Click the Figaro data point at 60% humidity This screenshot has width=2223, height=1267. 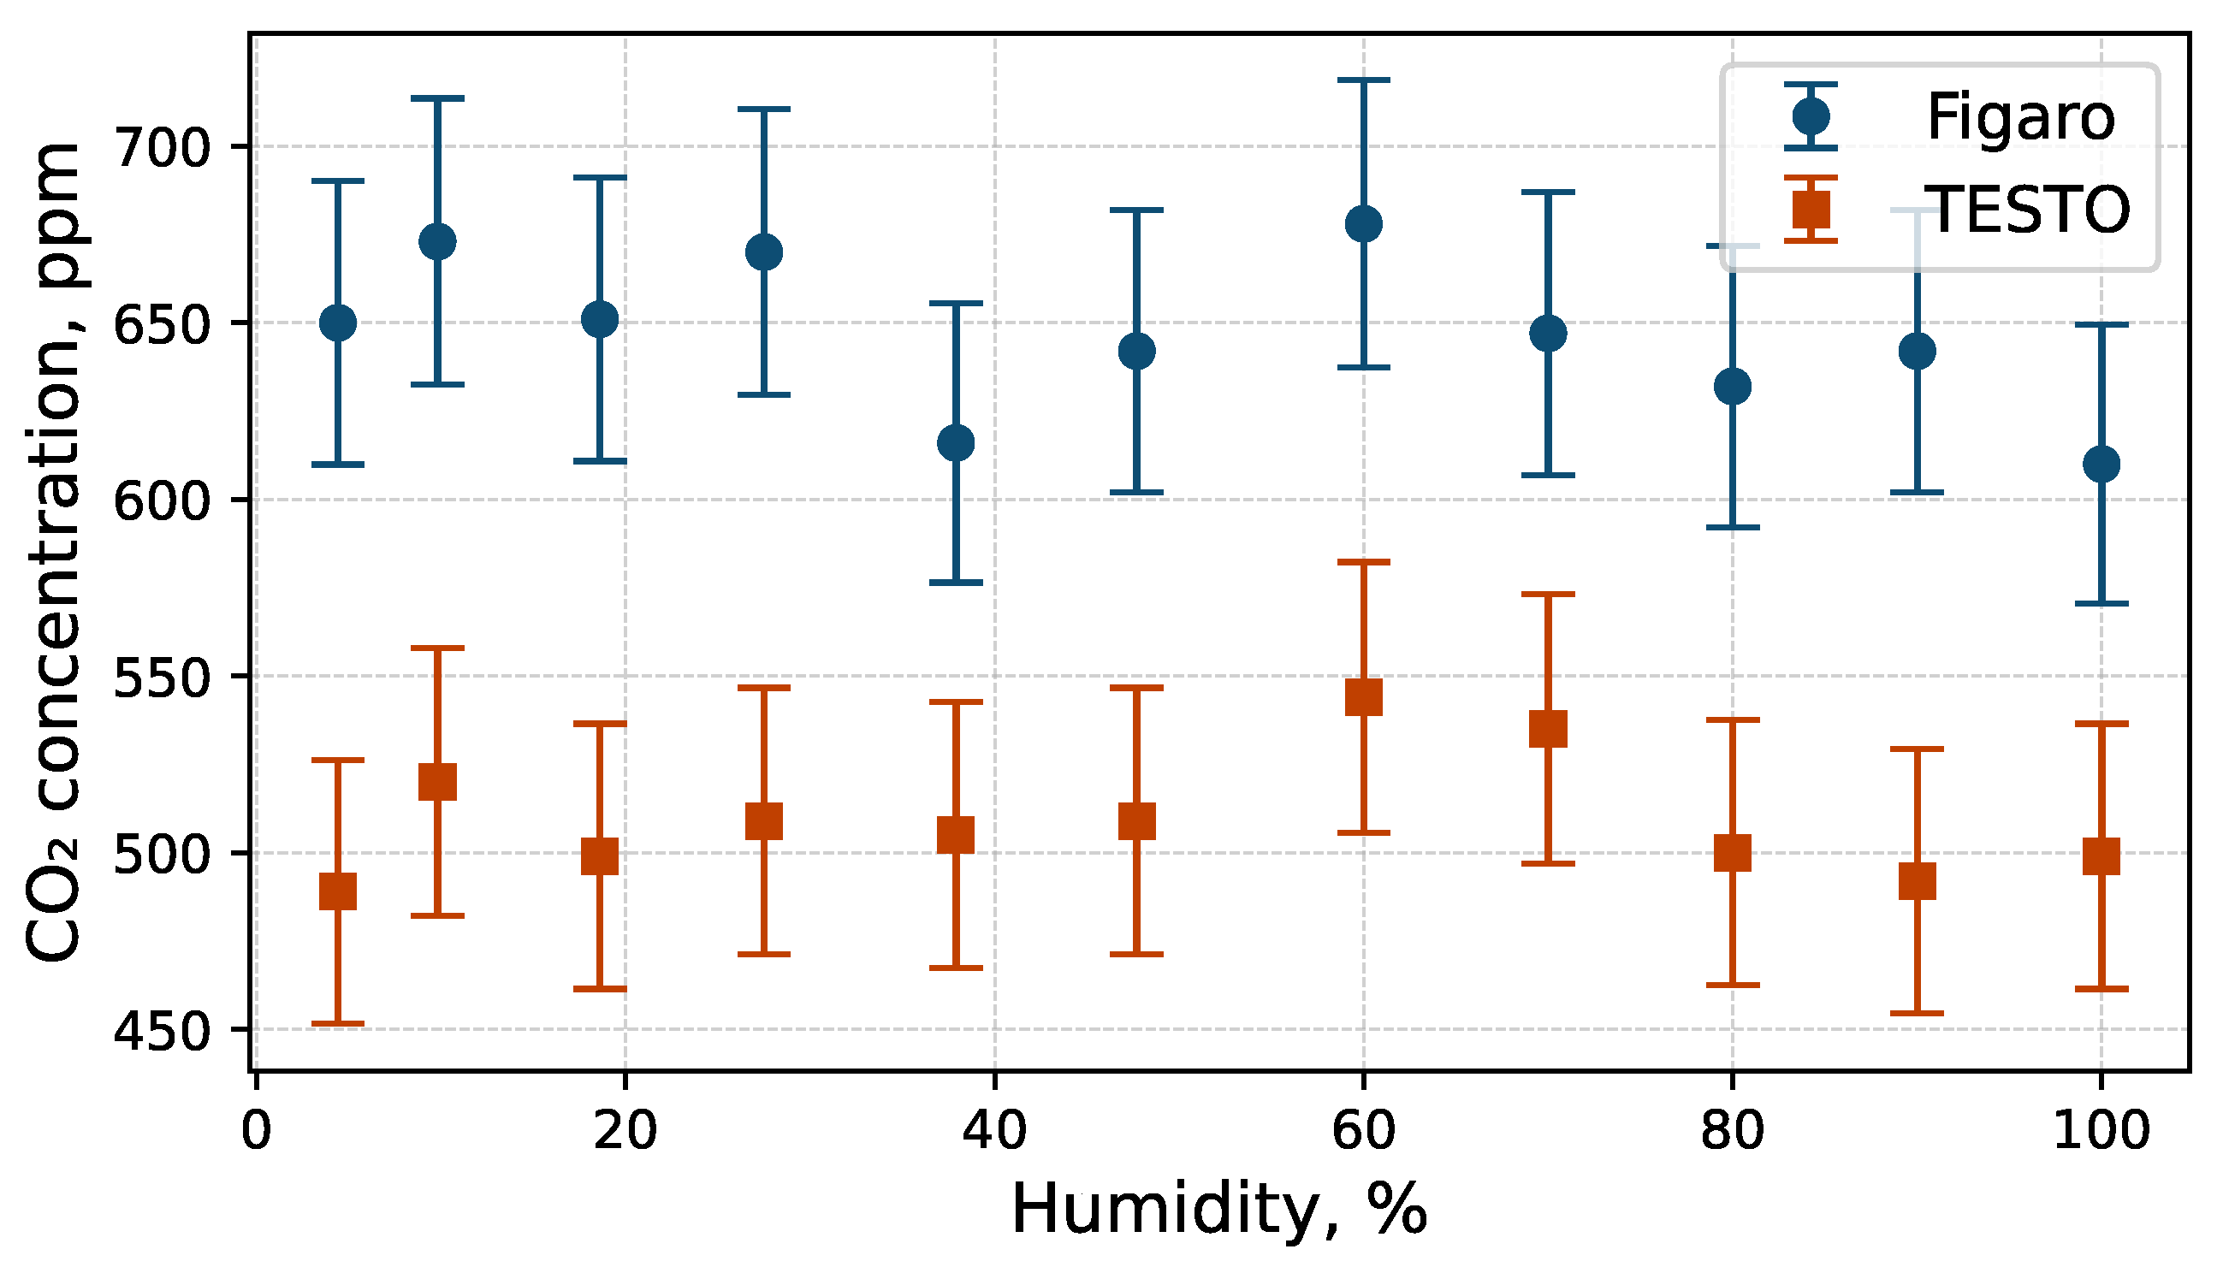1363,223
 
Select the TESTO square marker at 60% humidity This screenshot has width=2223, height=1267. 1363,697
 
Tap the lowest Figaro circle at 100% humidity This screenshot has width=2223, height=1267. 2101,464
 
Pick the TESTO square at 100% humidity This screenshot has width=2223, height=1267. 2101,856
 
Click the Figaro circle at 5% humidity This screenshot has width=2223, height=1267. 338,323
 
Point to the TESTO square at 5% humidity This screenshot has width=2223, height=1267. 338,891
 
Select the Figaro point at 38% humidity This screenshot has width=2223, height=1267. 955,443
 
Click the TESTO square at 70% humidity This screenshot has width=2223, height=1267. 1548,728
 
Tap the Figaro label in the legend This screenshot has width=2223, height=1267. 2020,116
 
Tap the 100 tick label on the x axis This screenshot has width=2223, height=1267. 2101,1131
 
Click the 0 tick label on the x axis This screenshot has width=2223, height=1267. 256,1131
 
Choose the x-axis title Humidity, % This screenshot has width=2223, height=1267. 1219,1211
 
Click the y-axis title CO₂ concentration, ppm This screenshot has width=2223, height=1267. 52,553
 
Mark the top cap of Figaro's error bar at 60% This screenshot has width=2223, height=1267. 1363,80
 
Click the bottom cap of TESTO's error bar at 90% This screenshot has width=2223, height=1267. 1917,1013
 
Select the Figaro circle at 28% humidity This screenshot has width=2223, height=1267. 764,252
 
